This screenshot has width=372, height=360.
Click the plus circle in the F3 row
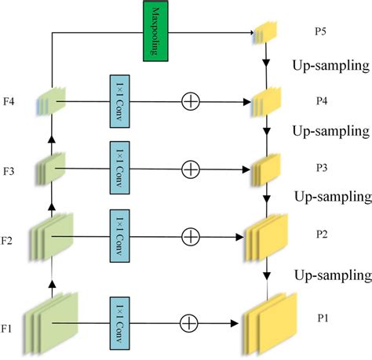coord(191,168)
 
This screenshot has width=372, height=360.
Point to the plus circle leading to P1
coord(191,322)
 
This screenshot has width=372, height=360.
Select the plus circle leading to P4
coord(191,101)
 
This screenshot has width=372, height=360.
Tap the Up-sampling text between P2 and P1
coord(332,275)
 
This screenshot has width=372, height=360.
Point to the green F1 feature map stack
coord(52,322)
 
